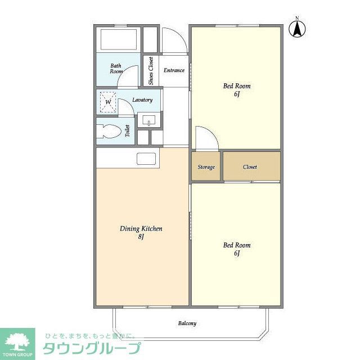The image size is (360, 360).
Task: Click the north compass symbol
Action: [x=298, y=28]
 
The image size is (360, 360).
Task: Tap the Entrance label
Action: [x=174, y=70]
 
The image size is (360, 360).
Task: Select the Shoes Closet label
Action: [x=151, y=71]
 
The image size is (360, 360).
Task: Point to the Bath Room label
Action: [x=116, y=69]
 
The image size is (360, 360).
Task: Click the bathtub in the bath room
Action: [x=119, y=39]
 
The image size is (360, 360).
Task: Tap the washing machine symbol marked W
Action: [x=108, y=102]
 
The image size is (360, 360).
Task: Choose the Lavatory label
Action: [x=142, y=100]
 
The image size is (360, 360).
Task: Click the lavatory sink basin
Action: [x=148, y=119]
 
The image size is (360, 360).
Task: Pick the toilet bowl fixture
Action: [x=109, y=132]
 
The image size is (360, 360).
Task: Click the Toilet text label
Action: [x=128, y=132]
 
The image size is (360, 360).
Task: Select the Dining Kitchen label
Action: [x=141, y=229]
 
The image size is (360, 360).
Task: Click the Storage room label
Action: [x=206, y=167]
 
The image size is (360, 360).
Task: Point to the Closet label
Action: [x=250, y=167]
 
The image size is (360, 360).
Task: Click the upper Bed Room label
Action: [x=237, y=86]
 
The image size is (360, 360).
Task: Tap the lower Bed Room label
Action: [x=237, y=245]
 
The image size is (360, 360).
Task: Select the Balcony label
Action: [x=187, y=323]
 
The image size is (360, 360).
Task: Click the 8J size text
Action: [x=141, y=237]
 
